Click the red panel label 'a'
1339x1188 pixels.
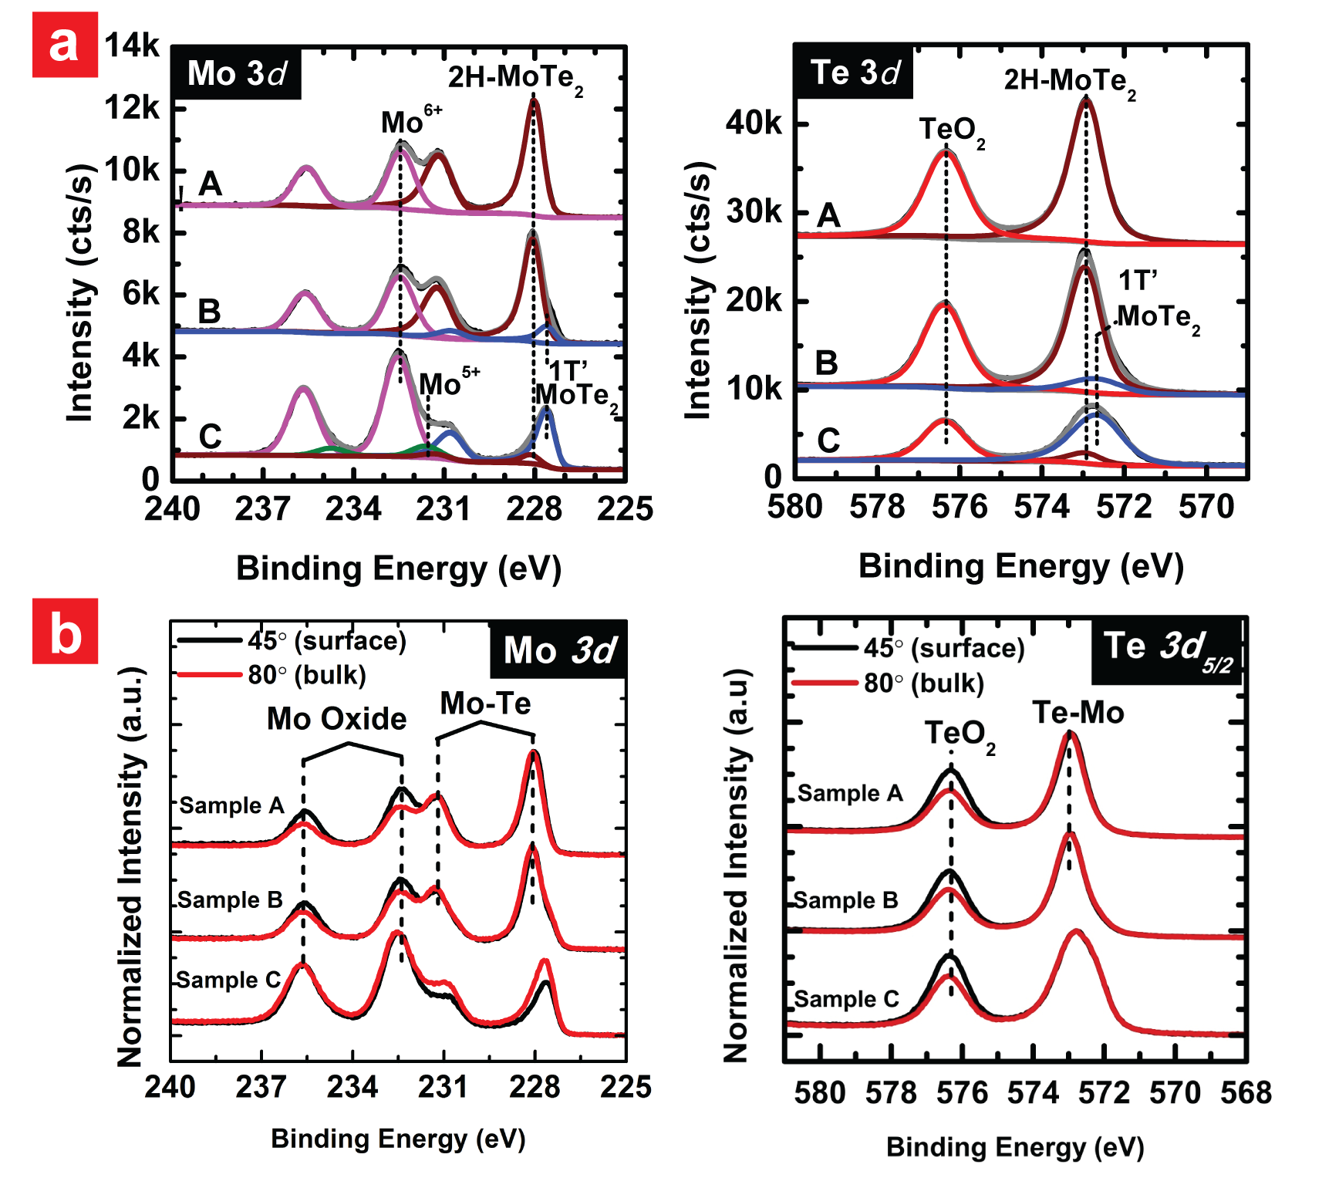pos(65,45)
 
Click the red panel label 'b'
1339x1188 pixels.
pos(65,631)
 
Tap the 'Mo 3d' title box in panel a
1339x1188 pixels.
pos(236,74)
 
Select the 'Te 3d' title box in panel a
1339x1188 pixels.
pos(855,73)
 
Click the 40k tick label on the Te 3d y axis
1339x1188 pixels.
pos(754,123)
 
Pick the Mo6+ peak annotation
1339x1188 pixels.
pos(411,121)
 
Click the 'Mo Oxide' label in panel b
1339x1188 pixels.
pos(336,719)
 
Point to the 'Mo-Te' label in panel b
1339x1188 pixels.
pos(485,704)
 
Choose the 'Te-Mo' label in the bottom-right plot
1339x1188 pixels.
pos(1078,713)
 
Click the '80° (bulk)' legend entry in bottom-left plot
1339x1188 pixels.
pos(307,675)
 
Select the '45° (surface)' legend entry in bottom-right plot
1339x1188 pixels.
pos(944,648)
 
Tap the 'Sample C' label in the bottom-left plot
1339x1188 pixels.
pos(228,980)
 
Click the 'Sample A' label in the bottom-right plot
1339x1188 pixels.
pos(849,793)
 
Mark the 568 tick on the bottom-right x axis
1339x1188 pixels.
pos(1246,1093)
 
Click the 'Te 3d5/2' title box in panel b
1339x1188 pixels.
pos(1167,650)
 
